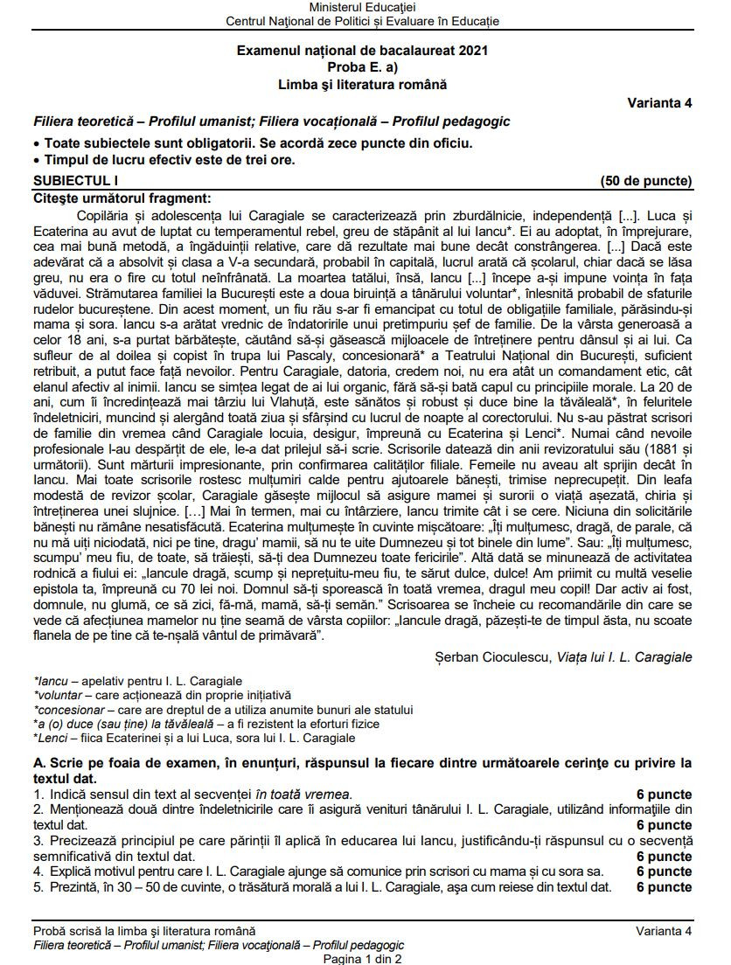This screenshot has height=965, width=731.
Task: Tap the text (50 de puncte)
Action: click(x=646, y=181)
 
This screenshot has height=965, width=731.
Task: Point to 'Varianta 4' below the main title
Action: click(x=659, y=102)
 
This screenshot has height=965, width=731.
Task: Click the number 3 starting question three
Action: click(x=38, y=841)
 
